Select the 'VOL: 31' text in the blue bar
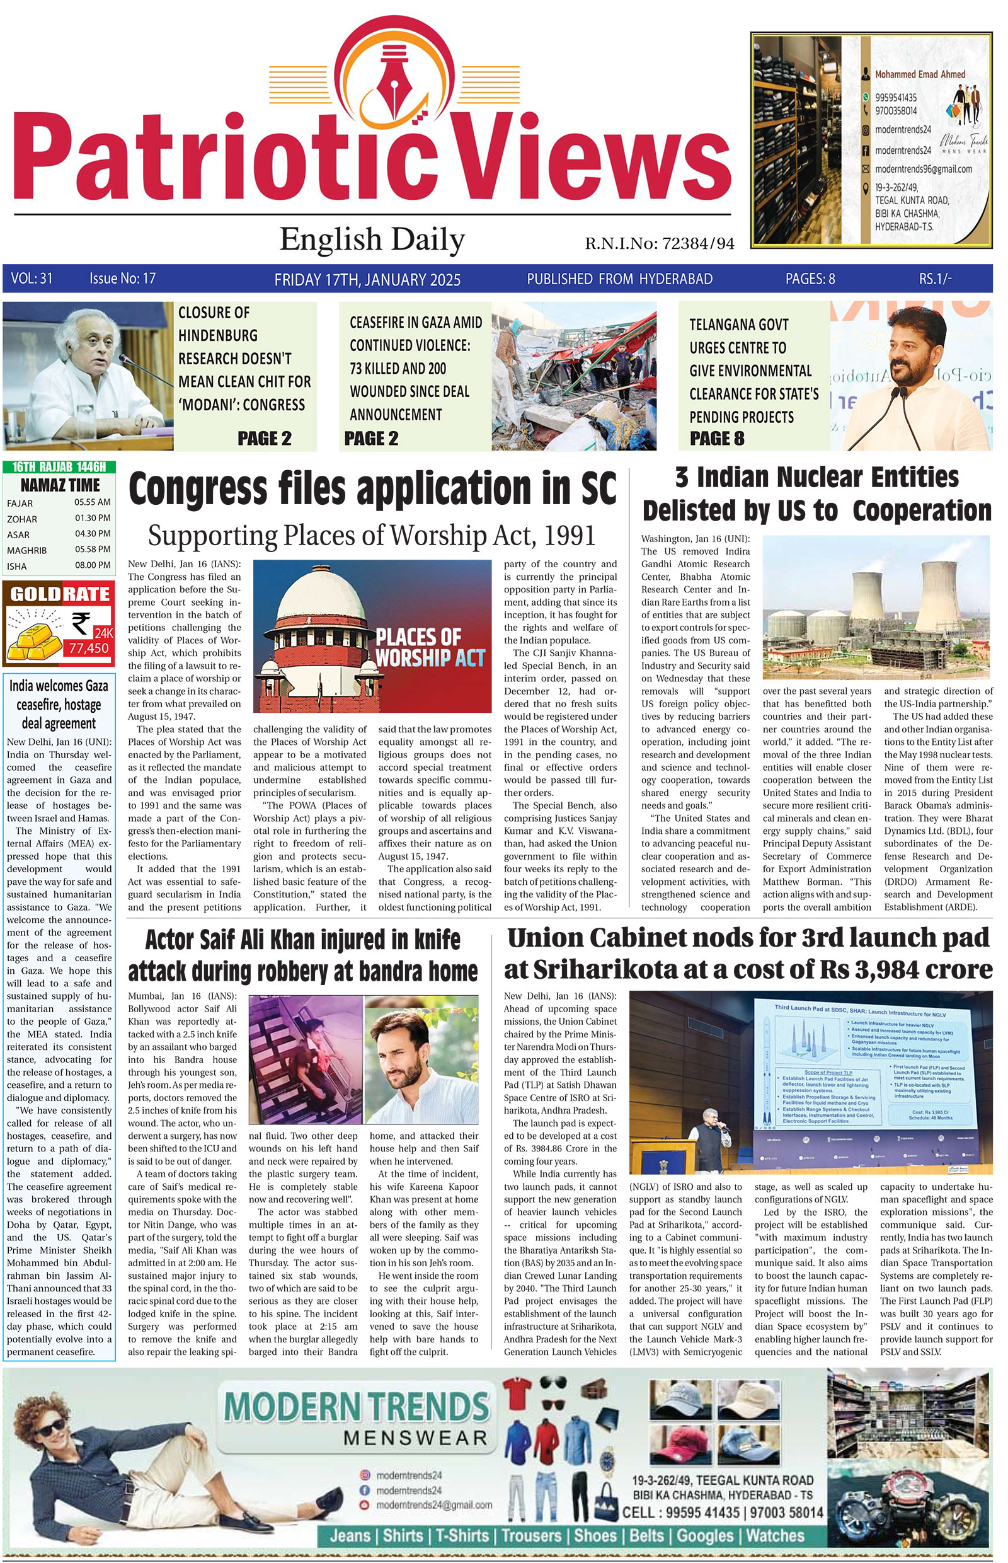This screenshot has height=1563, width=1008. [31, 279]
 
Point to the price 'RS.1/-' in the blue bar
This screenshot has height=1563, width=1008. [935, 279]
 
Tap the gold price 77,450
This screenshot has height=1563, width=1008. [89, 649]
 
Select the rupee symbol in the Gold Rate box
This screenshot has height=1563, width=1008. [81, 623]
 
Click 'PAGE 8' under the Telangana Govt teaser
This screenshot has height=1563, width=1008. [717, 439]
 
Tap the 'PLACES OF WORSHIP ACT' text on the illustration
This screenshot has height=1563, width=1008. [430, 647]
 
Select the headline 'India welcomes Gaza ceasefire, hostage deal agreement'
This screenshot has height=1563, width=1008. [59, 705]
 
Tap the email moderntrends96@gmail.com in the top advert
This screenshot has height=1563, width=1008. [923, 169]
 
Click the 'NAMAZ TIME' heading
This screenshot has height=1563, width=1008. [60, 485]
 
